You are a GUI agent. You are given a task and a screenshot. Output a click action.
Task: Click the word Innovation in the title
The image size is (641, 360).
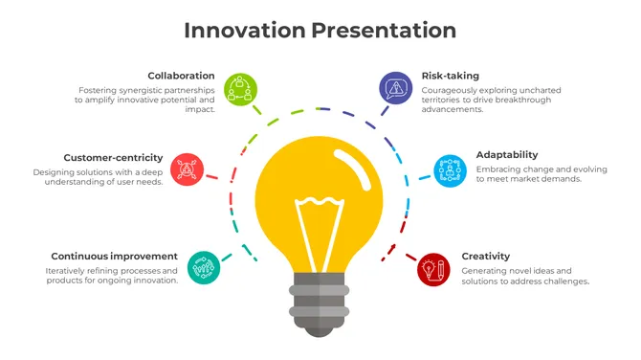pos(244,30)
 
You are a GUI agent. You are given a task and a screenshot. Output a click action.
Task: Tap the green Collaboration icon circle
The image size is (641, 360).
pos(240,89)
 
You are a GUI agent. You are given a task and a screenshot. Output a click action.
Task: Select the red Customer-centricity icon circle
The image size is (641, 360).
pos(188,169)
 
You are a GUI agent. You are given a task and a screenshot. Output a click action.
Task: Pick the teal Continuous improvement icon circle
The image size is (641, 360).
pos(203,267)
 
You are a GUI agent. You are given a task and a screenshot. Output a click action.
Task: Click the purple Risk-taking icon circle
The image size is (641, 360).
pos(395,89)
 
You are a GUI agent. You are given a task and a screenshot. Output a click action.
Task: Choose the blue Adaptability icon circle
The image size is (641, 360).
pos(449,170)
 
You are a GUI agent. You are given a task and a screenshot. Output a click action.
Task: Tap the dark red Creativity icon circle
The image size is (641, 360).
pos(433,269)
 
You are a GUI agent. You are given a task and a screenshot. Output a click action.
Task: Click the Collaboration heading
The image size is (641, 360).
pos(181,75)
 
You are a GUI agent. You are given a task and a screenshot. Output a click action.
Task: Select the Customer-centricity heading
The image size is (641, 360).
pos(113,157)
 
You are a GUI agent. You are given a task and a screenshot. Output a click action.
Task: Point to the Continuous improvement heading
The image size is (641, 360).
pos(114,256)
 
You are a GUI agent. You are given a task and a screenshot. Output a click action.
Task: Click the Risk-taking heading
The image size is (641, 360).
pos(450,75)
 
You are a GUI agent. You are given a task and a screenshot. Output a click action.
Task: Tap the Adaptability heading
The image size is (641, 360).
pos(506,154)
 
